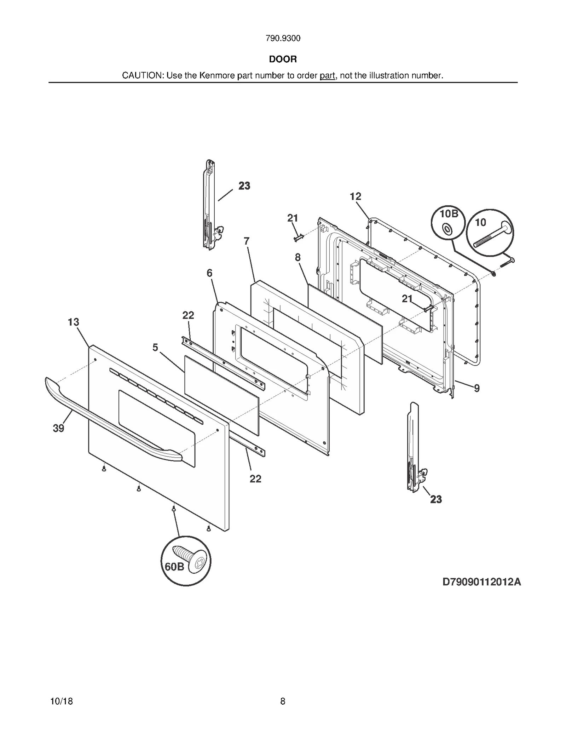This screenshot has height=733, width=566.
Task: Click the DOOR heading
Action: [x=283, y=59]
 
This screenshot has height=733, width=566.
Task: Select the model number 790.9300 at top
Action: [x=283, y=39]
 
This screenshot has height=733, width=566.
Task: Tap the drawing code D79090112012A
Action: [x=481, y=582]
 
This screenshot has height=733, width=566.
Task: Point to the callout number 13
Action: [x=74, y=322]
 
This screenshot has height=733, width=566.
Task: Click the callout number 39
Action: [x=59, y=428]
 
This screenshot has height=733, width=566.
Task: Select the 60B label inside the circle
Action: [x=175, y=567]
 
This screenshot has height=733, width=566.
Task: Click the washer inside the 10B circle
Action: [x=447, y=229]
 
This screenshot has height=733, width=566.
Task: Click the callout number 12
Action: [x=356, y=197]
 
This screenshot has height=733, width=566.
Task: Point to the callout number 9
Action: [x=477, y=388]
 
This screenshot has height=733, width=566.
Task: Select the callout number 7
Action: [x=247, y=241]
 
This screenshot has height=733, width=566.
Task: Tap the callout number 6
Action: [x=210, y=273]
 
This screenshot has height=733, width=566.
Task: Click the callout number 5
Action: [x=155, y=348]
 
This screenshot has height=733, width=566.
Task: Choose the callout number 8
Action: [x=298, y=257]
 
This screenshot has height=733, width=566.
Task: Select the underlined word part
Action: [x=327, y=76]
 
